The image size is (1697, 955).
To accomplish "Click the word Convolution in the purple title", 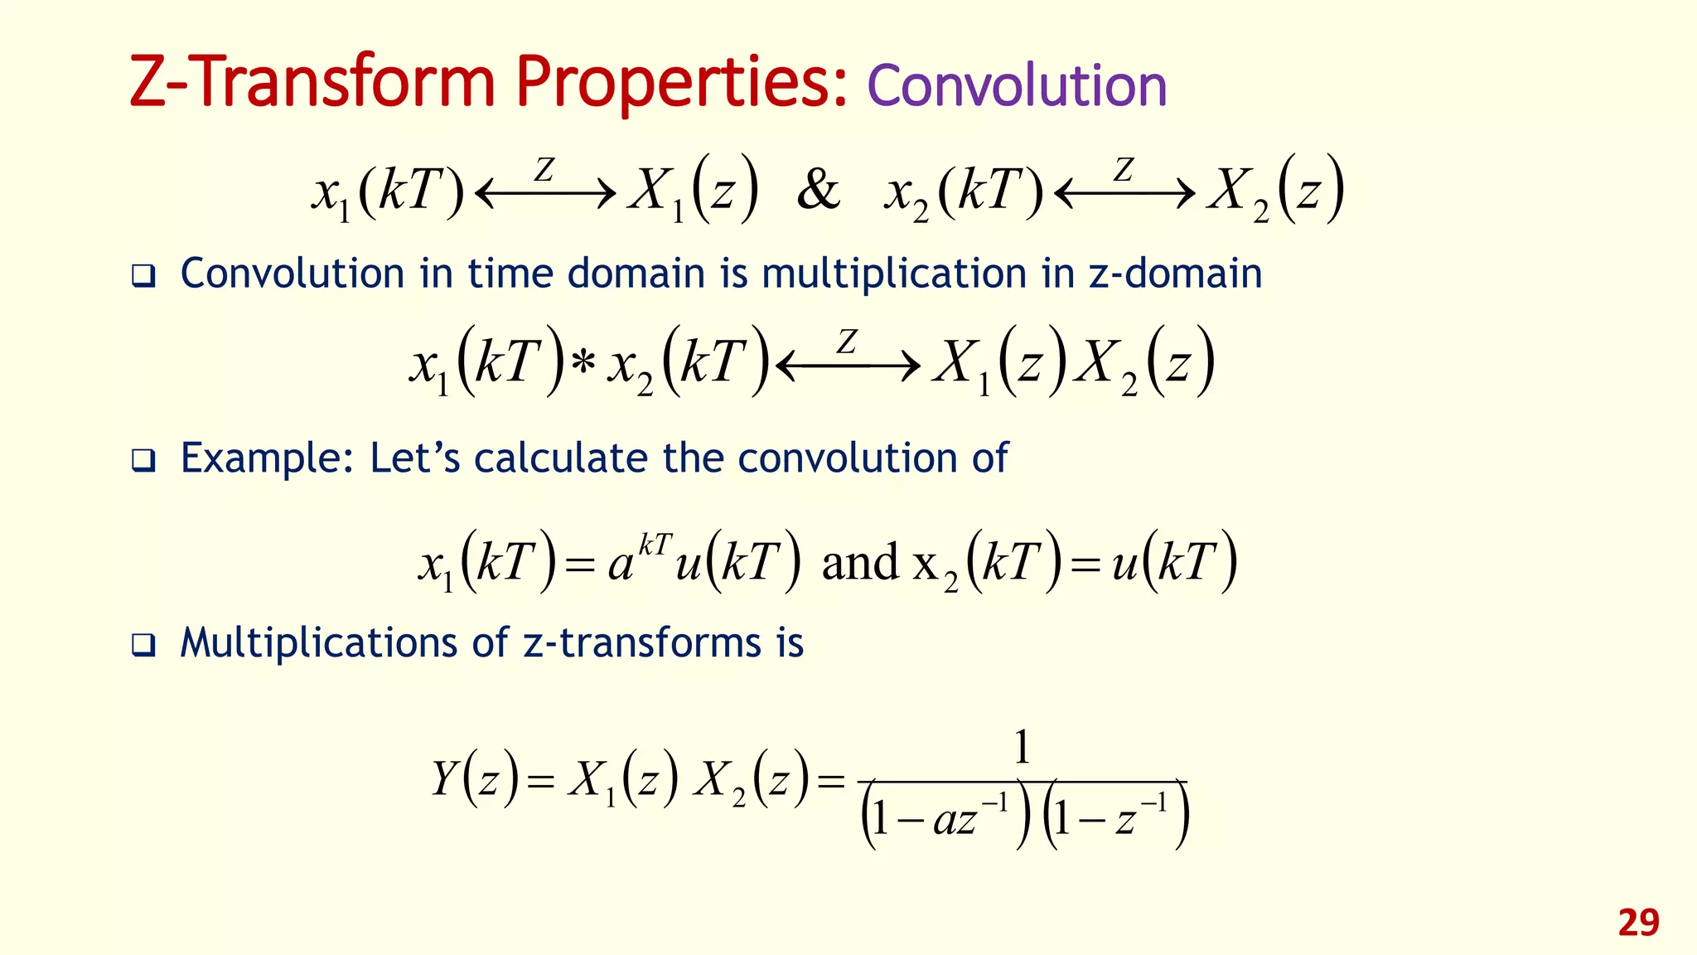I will coord(1017,85).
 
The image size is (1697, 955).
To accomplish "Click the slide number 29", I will coord(1638,923).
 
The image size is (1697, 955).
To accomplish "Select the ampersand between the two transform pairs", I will coord(818,190).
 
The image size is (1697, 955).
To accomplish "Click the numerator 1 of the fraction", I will coord(1023,747).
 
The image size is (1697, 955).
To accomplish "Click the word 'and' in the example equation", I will coord(860,563).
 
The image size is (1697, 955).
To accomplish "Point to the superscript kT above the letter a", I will coord(655,545).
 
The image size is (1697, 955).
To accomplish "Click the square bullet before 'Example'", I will coord(143,461).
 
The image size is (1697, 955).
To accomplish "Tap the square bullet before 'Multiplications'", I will coord(143,645).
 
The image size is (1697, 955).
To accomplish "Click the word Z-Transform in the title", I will coord(312,83).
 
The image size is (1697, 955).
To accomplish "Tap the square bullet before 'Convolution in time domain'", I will coord(143,276).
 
